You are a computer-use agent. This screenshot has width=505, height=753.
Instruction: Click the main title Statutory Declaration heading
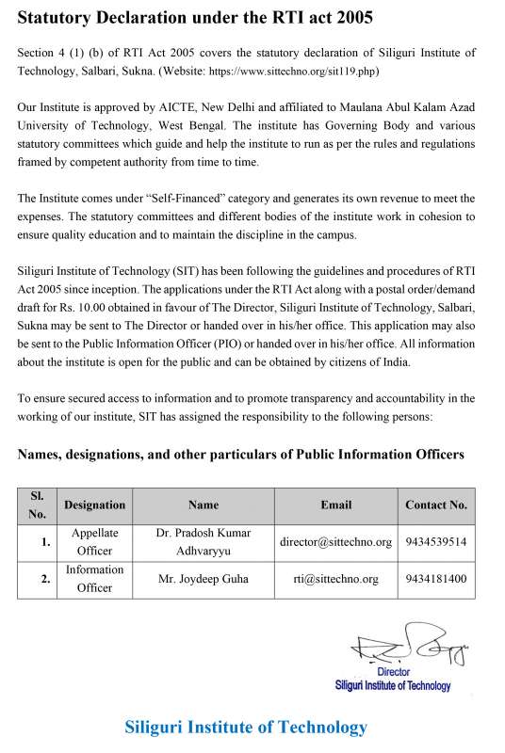(x=195, y=18)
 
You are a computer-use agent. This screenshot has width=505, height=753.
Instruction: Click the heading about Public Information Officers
(x=240, y=455)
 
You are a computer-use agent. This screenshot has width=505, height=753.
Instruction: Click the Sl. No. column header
(x=38, y=505)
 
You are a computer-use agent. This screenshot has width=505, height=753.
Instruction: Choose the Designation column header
(x=94, y=505)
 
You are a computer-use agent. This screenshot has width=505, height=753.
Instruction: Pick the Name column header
(x=203, y=505)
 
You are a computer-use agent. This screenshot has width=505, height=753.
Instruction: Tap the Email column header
(x=335, y=505)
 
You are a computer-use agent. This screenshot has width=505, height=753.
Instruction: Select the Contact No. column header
(x=435, y=505)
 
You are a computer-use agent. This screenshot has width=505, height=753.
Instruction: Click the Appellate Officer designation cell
(x=94, y=541)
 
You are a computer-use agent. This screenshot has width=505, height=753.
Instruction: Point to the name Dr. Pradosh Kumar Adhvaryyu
(x=203, y=541)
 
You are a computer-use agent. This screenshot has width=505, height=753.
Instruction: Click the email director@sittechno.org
(x=335, y=542)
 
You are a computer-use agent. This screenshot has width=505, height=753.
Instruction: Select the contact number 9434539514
(x=435, y=542)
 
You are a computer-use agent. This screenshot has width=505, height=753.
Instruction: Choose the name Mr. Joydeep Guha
(x=203, y=579)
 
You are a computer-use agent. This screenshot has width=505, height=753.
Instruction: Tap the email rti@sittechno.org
(x=335, y=579)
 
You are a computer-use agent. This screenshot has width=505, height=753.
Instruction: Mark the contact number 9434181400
(x=435, y=579)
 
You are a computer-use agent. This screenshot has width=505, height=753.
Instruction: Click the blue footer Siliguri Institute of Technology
(x=246, y=727)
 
